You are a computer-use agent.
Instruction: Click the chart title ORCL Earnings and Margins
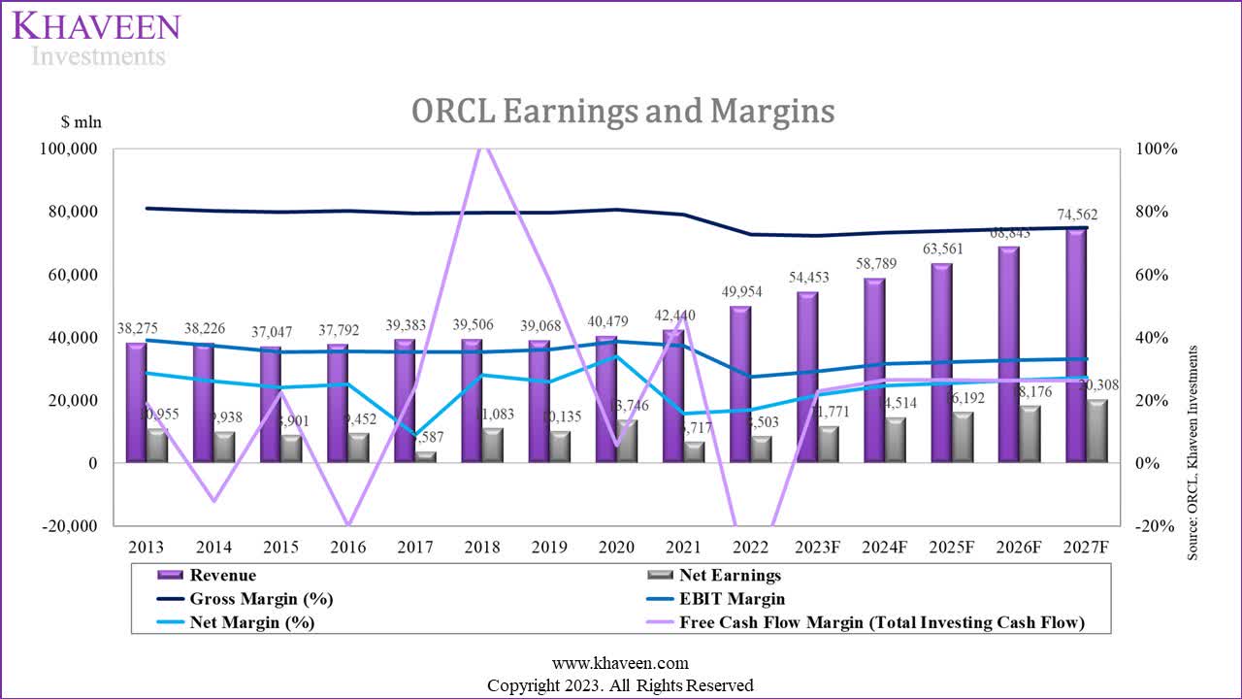coord(622,112)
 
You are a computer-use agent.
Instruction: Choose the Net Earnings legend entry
coord(730,576)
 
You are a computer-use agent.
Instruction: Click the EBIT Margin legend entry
coord(733,599)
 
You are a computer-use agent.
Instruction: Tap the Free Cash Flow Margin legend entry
coord(881,622)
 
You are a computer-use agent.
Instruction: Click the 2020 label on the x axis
coord(617,548)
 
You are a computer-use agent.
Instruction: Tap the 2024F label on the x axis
coord(886,548)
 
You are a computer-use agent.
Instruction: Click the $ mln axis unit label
coord(81,122)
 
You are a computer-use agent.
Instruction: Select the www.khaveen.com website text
coord(620,663)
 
